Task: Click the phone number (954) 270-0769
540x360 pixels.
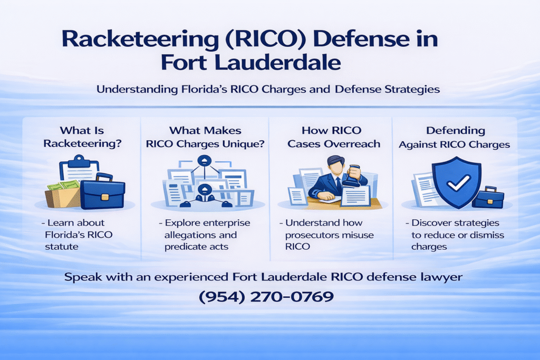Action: point(266,297)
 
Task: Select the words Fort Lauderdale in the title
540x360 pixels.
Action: point(250,63)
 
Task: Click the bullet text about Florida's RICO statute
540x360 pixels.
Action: point(79,235)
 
